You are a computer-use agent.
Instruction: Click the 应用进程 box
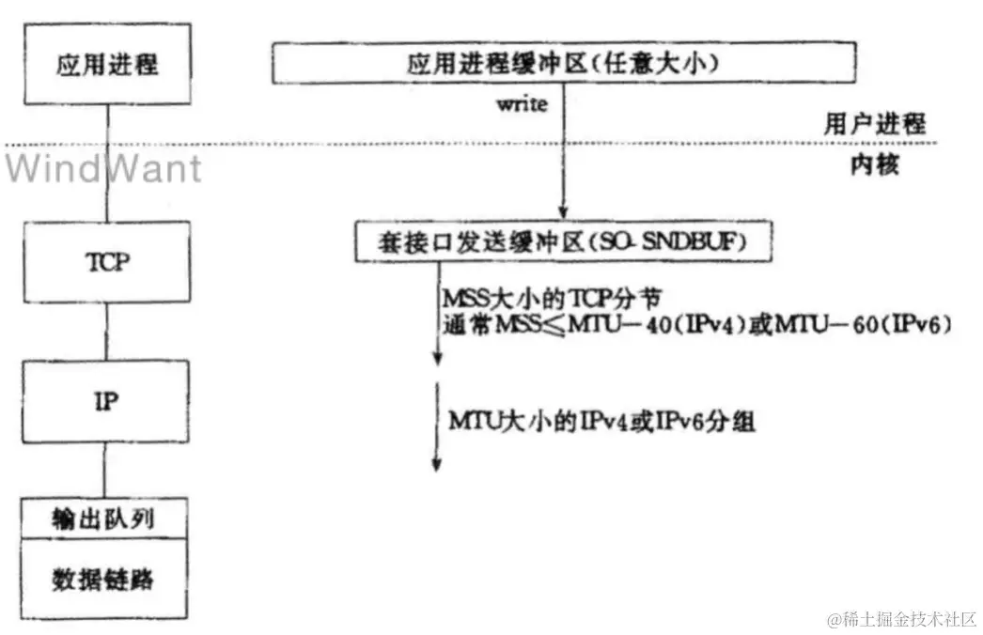click(x=108, y=65)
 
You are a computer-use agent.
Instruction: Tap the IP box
click(x=108, y=401)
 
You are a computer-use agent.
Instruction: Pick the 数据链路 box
click(x=108, y=577)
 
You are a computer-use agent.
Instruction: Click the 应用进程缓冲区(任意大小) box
click(x=565, y=64)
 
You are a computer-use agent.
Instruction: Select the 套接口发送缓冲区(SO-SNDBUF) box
click(x=564, y=243)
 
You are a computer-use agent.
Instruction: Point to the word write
click(x=522, y=104)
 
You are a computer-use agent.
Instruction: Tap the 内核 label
click(x=875, y=166)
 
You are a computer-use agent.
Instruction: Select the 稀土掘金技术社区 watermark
click(x=902, y=620)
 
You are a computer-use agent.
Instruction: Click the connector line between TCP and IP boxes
click(x=108, y=333)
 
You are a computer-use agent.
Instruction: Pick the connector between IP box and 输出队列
click(x=108, y=471)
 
